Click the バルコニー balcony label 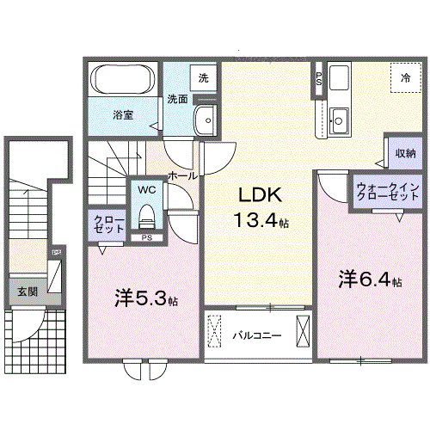256,336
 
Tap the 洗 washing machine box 203,78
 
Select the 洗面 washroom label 177,99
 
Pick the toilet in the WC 144,212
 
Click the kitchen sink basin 339,118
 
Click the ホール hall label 184,175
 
